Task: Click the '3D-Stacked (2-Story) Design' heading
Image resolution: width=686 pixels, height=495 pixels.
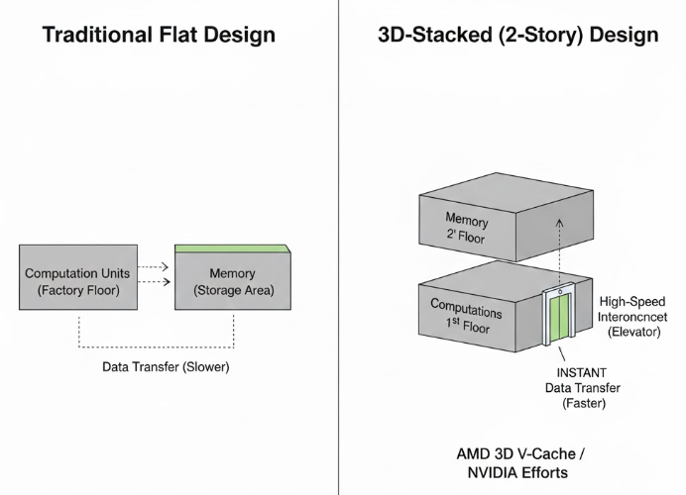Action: point(517,36)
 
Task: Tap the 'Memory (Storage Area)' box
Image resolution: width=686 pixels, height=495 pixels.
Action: point(232,281)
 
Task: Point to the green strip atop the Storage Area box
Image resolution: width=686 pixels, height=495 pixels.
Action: point(232,247)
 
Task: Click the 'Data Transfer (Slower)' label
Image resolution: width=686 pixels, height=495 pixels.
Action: point(165,366)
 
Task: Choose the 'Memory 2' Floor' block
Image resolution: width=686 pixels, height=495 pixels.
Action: point(466,227)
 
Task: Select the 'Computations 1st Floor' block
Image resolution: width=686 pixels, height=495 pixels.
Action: point(465,315)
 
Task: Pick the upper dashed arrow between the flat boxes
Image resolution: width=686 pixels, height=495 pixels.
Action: point(151,266)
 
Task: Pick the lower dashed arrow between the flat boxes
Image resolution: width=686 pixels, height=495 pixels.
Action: point(151,283)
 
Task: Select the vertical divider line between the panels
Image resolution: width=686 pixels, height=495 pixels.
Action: point(339,247)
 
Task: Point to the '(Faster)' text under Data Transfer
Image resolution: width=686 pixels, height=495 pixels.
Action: point(561,403)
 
